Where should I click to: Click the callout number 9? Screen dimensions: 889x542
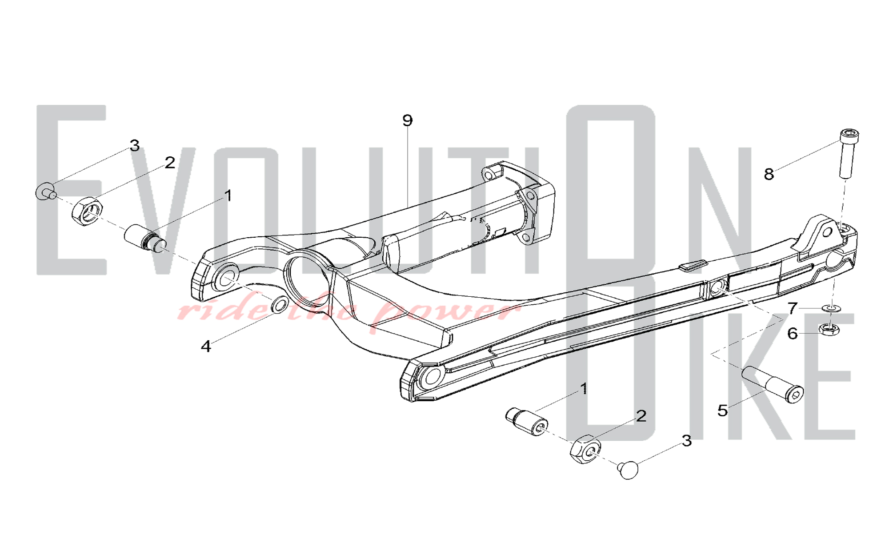(x=407, y=120)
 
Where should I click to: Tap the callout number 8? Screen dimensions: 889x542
(x=769, y=174)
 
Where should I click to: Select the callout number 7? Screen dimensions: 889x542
(x=793, y=308)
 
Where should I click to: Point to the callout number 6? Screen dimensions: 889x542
(x=793, y=333)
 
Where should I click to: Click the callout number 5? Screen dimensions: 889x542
(x=723, y=410)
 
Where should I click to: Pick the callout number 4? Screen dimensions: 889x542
(x=205, y=347)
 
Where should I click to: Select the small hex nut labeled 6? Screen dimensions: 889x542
(x=829, y=329)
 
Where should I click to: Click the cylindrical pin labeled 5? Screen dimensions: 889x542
(x=772, y=384)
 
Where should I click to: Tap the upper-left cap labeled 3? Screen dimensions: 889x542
(x=45, y=191)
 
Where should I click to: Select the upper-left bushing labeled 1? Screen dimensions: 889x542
(x=145, y=239)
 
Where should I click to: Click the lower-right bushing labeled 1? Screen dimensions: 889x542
(x=527, y=421)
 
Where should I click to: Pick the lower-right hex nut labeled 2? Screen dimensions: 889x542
(x=585, y=449)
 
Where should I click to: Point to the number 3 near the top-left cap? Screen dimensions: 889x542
(x=135, y=145)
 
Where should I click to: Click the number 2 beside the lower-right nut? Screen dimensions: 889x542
(x=641, y=416)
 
